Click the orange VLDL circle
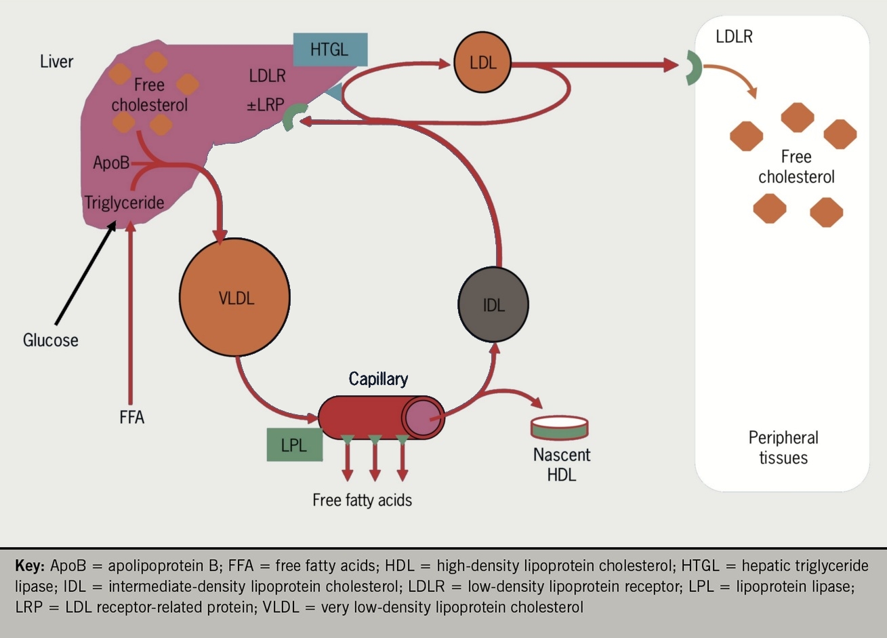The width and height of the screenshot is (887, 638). click(x=234, y=297)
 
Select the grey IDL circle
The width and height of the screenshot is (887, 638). click(x=493, y=304)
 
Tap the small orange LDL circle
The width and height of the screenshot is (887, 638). click(x=482, y=62)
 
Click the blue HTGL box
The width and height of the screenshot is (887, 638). click(x=330, y=49)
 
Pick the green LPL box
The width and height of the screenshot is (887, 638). click(x=294, y=445)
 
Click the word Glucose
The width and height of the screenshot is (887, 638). click(x=51, y=340)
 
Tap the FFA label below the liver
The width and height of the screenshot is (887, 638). click(x=131, y=417)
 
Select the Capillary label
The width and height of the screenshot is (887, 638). click(x=378, y=378)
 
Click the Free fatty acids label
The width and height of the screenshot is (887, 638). click(x=362, y=500)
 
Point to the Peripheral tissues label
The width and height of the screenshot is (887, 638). click(x=783, y=447)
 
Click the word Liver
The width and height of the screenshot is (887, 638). click(x=56, y=61)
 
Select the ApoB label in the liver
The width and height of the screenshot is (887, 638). click(x=110, y=163)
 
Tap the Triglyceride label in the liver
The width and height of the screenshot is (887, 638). click(x=124, y=202)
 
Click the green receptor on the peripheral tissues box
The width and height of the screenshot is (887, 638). click(x=693, y=67)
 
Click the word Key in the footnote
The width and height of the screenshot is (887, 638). click(x=29, y=565)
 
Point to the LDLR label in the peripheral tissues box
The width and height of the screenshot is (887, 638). click(x=734, y=36)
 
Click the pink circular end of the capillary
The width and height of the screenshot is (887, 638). click(x=423, y=417)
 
